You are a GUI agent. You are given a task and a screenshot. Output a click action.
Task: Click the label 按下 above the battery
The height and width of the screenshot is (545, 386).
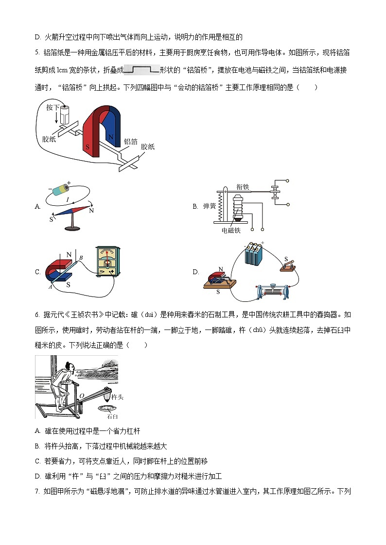click(53, 107)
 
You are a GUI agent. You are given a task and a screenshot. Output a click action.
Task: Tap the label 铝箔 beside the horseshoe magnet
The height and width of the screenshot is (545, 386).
click(130, 141)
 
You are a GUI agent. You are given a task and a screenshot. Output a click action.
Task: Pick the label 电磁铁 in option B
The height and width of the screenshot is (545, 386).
click(231, 231)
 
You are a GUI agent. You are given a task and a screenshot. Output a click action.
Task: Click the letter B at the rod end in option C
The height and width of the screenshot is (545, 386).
click(81, 257)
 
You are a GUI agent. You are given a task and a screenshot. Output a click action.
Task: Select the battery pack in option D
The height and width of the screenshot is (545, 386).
click(253, 254)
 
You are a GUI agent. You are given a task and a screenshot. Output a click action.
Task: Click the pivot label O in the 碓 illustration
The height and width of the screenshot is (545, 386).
click(81, 396)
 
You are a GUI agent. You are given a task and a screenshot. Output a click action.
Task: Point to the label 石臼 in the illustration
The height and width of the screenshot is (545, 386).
click(111, 416)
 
